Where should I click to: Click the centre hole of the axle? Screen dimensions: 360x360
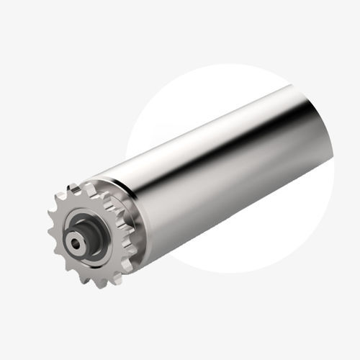(76, 243)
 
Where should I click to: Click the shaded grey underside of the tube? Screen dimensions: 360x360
(238, 202)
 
